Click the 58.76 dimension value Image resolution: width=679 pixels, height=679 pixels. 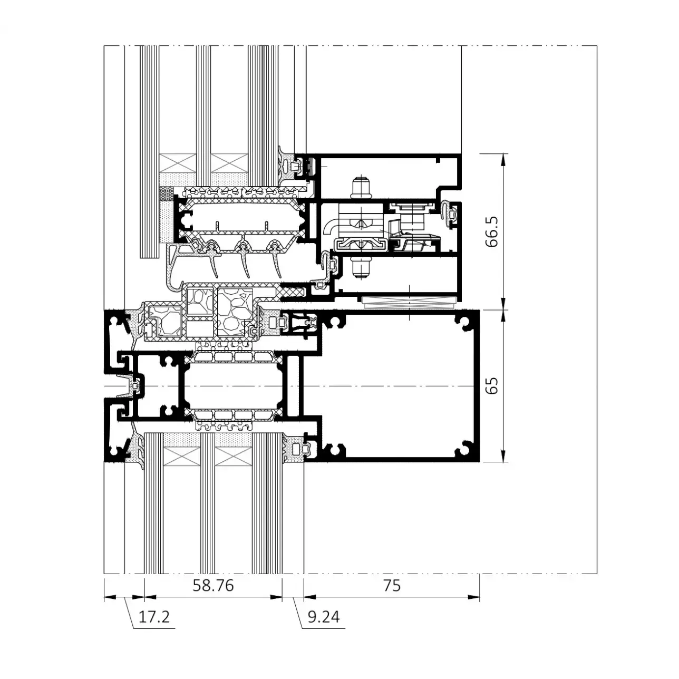[213, 586]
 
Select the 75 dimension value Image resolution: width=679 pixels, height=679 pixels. [392, 586]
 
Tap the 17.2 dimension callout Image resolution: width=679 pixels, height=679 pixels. [154, 617]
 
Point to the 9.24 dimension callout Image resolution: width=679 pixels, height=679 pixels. [324, 617]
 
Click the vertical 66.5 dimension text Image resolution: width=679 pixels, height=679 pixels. [492, 231]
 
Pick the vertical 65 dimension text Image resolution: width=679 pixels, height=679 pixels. [492, 385]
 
